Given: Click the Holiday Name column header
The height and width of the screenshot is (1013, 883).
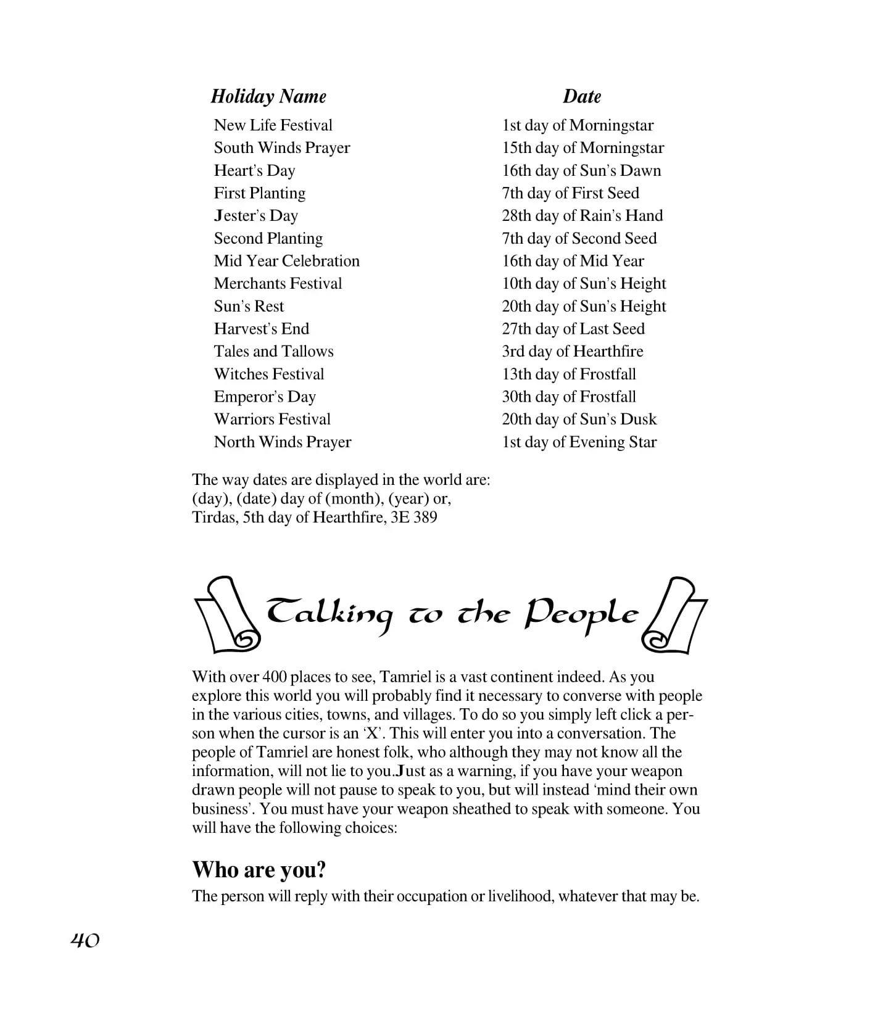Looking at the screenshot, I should pos(268,96).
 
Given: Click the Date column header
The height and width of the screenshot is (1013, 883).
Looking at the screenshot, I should pos(581,96).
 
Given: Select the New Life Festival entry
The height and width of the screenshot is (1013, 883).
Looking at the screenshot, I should pos(273,125).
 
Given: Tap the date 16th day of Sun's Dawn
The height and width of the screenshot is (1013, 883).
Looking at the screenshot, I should pos(581,170).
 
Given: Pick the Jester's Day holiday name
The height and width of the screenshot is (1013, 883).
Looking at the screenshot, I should pos(255,216).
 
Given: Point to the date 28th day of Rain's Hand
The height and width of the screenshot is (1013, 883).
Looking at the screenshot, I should pos(582,216).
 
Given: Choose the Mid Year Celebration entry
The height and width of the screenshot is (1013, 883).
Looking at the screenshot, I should pos(286,261).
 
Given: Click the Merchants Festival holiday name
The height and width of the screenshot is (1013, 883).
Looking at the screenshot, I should pos(278,284).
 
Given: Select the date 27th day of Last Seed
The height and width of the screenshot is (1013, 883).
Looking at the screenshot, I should pos(573,329).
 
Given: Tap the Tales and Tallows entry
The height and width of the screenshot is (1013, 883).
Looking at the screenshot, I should pos(273,352).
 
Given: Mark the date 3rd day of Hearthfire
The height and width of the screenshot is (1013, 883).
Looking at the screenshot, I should pos(572,352).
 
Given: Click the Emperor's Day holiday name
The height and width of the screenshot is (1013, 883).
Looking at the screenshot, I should pos(265,397).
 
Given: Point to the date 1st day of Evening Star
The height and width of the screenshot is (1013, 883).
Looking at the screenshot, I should pos(579,442).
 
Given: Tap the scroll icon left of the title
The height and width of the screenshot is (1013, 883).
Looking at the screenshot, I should pos(226,615).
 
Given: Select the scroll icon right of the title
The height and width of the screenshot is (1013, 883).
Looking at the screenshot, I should pos(674,615).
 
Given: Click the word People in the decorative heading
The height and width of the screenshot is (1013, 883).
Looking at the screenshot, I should pos(581,614).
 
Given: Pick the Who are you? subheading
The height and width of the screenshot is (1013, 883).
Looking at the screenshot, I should pos(259,870).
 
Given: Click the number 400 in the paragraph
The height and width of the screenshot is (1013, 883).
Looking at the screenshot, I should pos(275,677).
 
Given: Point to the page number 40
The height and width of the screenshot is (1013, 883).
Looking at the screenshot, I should pos(85,940).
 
